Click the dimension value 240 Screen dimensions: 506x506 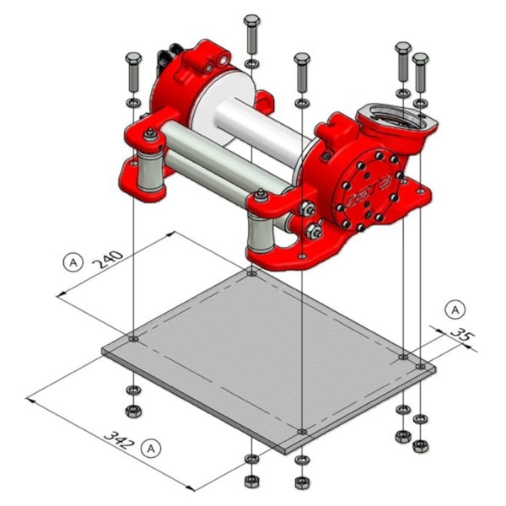click(x=107, y=260)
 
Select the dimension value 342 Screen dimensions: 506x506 click(x=119, y=439)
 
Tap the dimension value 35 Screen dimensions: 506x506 click(x=463, y=336)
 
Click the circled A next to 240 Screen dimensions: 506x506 click(x=73, y=262)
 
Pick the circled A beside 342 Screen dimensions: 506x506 click(x=151, y=449)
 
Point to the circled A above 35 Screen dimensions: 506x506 click(x=455, y=310)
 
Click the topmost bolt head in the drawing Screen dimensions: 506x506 click(x=251, y=20)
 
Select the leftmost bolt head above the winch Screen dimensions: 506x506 click(x=133, y=59)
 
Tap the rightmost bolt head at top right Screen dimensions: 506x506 click(x=420, y=59)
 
